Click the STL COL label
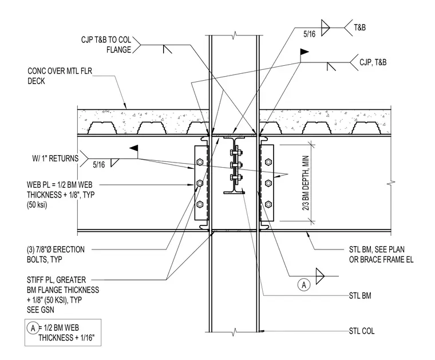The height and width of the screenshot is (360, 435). click(362, 331)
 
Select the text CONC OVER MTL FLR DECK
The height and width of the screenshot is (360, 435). click(60, 76)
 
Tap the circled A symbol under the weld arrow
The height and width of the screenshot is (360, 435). click(304, 285)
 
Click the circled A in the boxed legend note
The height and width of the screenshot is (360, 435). click(33, 328)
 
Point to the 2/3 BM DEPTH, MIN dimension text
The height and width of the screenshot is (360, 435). click(306, 183)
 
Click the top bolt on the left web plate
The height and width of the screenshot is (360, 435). click(199, 162)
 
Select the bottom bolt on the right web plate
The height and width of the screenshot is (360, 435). click(268, 204)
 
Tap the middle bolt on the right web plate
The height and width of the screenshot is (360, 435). click(268, 183)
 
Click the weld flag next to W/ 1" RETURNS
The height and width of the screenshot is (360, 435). click(134, 148)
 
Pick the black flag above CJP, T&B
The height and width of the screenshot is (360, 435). click(304, 52)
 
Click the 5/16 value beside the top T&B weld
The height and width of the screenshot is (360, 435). click(309, 34)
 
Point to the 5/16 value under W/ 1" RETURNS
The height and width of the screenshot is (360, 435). click(99, 165)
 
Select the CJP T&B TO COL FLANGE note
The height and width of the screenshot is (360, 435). click(106, 45)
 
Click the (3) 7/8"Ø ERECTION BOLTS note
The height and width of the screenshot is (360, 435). click(56, 255)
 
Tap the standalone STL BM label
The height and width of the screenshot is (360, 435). click(360, 296)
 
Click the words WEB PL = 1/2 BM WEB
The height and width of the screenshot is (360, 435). click(60, 185)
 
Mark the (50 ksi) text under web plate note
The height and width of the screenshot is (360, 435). click(37, 205)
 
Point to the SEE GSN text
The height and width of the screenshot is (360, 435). click(41, 310)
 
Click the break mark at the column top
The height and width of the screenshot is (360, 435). click(235, 35)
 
